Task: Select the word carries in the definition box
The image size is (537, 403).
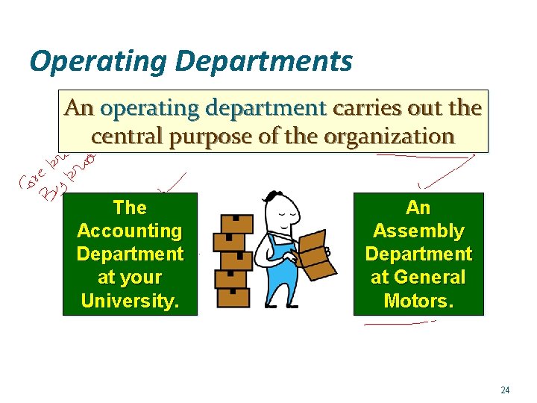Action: [x=365, y=109]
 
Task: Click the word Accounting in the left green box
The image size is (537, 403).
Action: [x=130, y=231]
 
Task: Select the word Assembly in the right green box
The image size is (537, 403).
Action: [x=418, y=231]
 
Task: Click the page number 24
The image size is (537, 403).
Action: [x=505, y=390]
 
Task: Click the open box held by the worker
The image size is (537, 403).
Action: [x=312, y=253]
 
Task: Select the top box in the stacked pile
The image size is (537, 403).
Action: [x=234, y=223]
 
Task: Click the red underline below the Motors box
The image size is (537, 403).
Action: [x=400, y=323]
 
